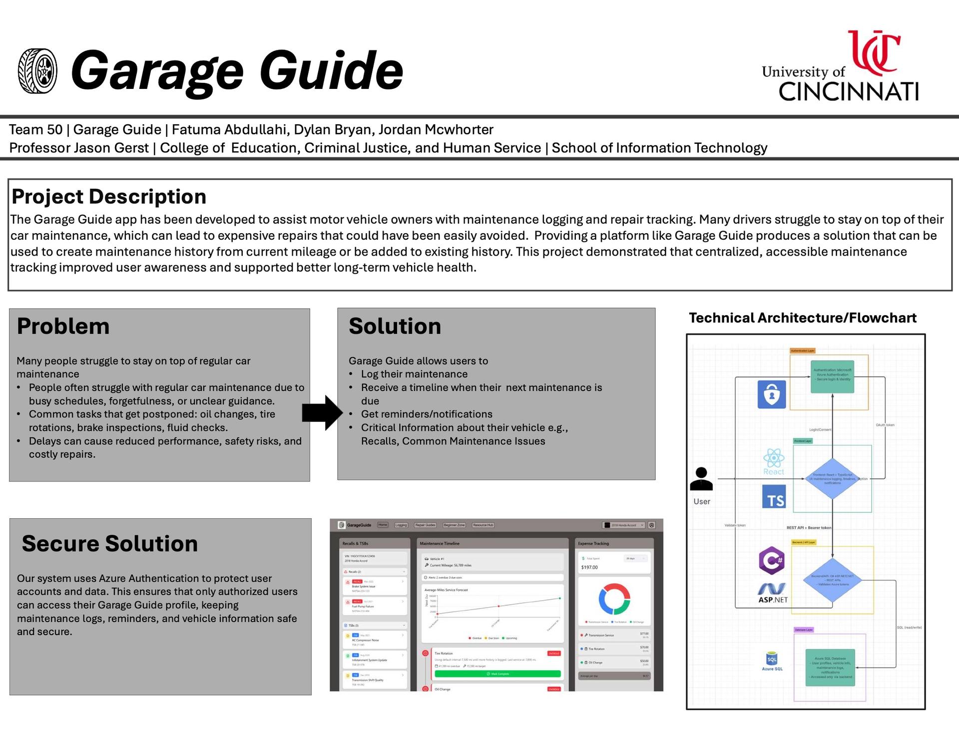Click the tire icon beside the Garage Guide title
37,71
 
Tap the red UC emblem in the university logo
874,50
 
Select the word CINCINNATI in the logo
848,92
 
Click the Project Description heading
109,197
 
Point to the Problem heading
63,326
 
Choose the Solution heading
395,326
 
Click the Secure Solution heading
110,543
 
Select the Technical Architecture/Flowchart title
803,318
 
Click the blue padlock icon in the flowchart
772,394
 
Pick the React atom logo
773,458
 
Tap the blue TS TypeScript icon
774,497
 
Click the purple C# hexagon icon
772,560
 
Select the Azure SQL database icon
772,660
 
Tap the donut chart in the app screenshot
614,599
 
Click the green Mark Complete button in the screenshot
497,674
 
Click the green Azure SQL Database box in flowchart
830,668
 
